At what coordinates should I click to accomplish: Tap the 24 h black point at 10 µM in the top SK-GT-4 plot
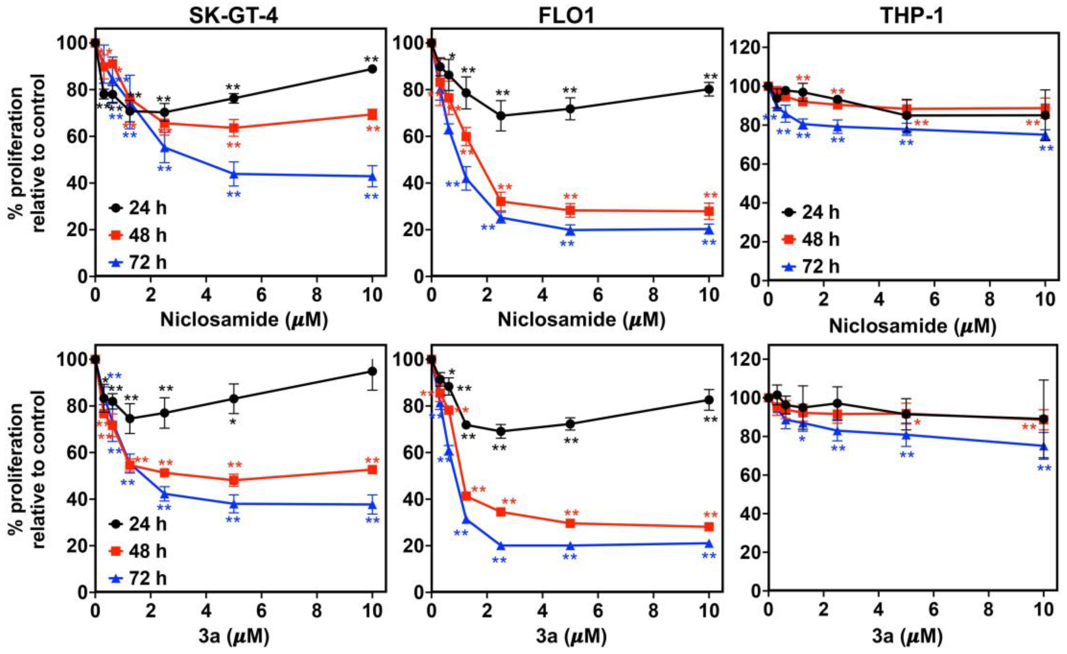click(x=372, y=69)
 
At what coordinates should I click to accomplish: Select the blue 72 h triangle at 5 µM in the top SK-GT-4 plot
click(x=234, y=174)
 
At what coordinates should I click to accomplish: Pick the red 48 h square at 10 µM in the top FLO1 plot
click(x=709, y=211)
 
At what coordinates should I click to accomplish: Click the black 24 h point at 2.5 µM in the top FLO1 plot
click(x=501, y=116)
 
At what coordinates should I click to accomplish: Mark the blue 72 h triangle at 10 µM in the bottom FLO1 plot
click(x=709, y=543)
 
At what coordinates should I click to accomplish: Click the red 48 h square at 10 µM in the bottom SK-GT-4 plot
click(x=372, y=470)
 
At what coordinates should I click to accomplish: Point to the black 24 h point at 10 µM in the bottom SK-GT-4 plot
click(x=372, y=371)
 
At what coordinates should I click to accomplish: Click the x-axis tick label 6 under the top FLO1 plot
click(x=598, y=295)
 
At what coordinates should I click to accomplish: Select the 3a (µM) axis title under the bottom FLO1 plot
click(x=571, y=636)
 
